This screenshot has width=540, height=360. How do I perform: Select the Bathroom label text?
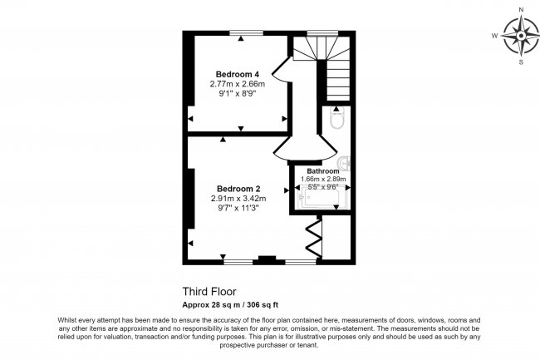click(324, 171)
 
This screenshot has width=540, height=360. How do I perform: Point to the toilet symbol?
click(336, 121)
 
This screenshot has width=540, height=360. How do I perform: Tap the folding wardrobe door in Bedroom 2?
click(313, 237)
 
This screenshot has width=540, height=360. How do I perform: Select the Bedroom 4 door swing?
click(280, 70)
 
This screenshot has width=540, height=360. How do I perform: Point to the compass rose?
click(520, 36)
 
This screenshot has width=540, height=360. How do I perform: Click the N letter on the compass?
click(521, 9)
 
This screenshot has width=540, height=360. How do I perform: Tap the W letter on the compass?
click(494, 36)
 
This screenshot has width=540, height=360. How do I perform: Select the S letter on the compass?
click(521, 62)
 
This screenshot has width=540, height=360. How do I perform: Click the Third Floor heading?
click(209, 292)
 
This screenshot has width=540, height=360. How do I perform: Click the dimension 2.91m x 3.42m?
click(238, 199)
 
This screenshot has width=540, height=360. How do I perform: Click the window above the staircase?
click(318, 33)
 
